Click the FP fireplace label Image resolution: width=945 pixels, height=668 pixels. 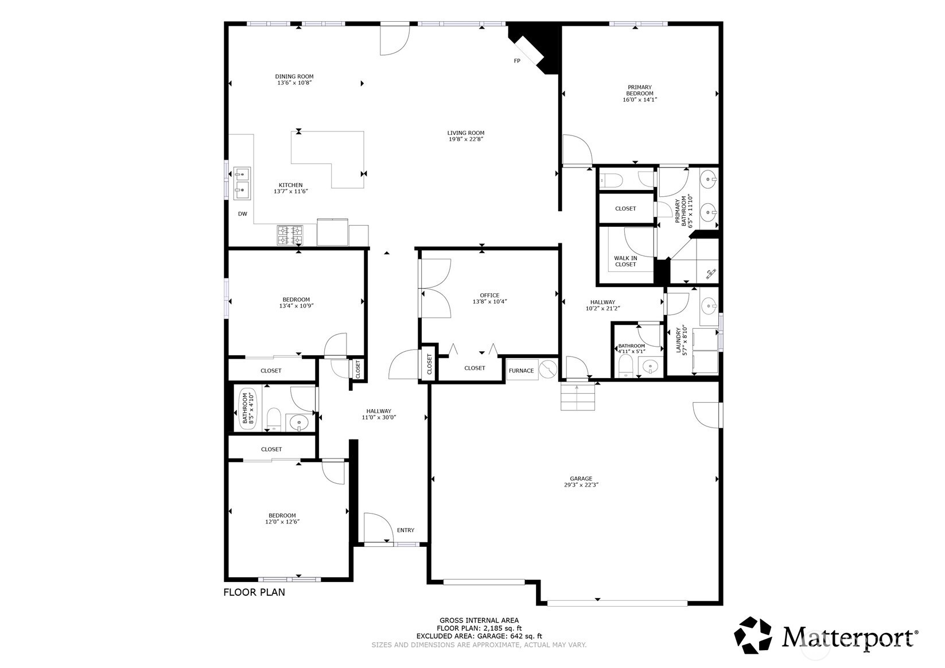tap(517, 61)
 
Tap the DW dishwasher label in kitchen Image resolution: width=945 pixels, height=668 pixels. tap(243, 214)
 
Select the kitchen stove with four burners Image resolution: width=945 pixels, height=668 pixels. tap(290, 235)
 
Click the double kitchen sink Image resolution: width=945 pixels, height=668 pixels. tap(242, 183)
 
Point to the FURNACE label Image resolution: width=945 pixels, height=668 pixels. tap(521, 371)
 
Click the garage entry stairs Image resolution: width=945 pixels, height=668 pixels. tap(578, 398)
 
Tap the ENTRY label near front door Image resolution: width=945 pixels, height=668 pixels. tap(406, 530)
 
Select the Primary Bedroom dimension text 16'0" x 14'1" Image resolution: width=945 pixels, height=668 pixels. tap(639, 99)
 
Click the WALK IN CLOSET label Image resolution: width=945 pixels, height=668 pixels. tap(625, 261)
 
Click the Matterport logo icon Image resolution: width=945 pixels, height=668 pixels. tap(754, 635)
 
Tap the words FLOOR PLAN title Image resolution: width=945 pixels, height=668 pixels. tap(254, 592)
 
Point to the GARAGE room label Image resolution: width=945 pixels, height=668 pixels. tap(581, 479)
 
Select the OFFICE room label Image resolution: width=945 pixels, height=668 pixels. tap(489, 296)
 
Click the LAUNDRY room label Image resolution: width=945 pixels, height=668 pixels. tap(678, 341)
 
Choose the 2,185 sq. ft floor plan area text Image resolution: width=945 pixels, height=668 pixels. tap(479, 628)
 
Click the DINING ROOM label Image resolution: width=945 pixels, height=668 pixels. tap(294, 76)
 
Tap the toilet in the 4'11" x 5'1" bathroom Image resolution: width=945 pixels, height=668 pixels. tap(625, 365)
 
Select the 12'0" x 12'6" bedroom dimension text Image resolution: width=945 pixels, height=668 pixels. tap(282, 522)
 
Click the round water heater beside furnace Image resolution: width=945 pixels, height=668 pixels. tap(548, 369)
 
